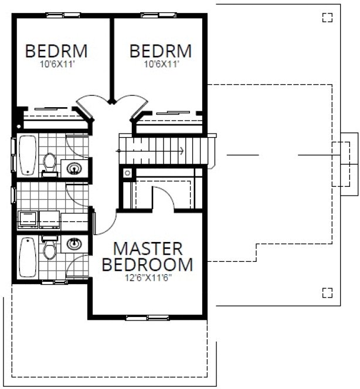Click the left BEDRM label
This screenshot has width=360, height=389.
tap(56, 52)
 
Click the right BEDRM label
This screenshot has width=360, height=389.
tap(161, 52)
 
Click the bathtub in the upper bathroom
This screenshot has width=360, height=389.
tap(28, 155)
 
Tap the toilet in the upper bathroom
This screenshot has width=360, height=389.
tap(50, 162)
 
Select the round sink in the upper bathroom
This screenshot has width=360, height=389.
tap(74, 169)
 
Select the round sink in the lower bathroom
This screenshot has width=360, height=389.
tap(74, 243)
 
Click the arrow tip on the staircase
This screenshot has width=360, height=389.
tap(184, 151)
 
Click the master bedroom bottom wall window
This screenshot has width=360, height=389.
tap(147, 318)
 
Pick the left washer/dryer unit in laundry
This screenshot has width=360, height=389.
tap(27, 219)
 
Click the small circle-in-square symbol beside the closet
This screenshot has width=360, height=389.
tap(127, 173)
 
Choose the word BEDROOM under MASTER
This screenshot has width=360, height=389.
tap(147, 265)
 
